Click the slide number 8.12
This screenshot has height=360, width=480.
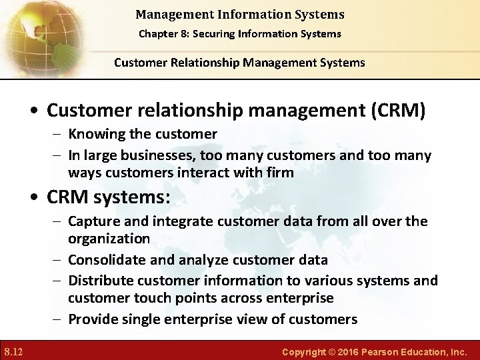coord(14,351)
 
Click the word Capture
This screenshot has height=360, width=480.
coord(93,221)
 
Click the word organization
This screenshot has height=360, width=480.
coord(109,239)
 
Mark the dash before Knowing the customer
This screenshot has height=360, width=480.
coord(57,135)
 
